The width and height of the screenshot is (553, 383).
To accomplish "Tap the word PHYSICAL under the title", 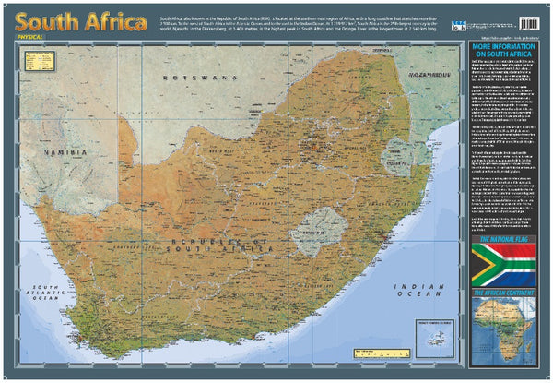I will (x=41, y=38).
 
